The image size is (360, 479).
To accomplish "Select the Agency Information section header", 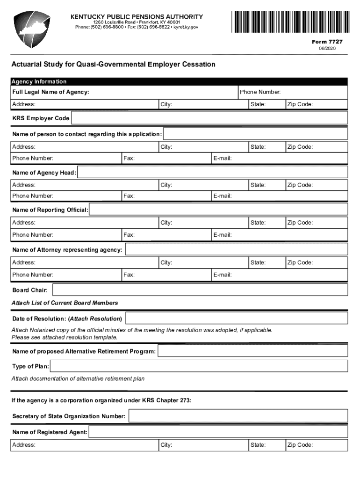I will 39,82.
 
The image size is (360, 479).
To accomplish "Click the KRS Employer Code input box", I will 209,118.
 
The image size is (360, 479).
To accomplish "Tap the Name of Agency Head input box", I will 212,173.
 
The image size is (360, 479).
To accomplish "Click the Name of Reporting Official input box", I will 218,210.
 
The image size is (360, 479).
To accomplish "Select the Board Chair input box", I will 200,290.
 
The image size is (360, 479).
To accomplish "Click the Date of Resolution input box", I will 236,319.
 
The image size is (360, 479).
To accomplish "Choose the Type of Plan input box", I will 199,366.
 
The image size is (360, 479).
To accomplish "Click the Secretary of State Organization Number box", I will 238,416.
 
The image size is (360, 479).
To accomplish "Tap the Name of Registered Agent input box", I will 218,432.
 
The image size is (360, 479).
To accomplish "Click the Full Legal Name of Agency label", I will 51,92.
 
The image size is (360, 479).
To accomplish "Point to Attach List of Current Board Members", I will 65,303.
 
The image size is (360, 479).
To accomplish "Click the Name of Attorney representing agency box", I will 236,250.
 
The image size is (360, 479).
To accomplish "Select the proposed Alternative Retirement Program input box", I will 252,351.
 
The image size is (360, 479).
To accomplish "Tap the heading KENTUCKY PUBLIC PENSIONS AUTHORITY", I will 137,16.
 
